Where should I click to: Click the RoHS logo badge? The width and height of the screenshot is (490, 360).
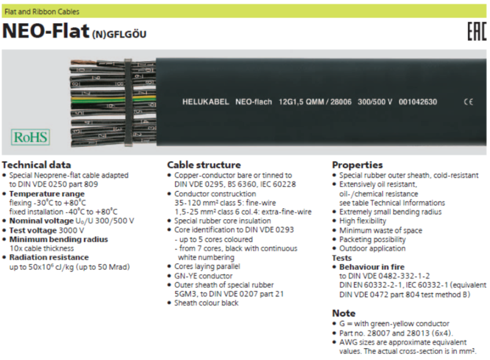point(30,137)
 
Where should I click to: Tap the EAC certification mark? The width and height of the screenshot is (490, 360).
point(477,32)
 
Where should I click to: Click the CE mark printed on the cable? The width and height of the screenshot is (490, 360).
point(469,102)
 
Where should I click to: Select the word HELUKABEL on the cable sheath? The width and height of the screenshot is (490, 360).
point(206,102)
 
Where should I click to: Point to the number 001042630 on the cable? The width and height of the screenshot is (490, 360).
point(418,102)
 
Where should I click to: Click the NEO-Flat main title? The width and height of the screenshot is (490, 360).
point(46,31)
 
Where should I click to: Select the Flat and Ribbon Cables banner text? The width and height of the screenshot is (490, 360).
point(42,12)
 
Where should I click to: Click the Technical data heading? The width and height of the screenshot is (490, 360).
point(37,165)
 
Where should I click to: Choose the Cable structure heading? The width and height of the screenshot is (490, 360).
point(204,165)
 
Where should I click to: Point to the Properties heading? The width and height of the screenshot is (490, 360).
point(357,165)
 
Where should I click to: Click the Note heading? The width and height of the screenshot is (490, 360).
point(344,313)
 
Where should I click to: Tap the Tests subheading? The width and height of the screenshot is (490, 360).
point(342,258)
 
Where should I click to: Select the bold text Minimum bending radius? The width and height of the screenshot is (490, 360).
point(58,239)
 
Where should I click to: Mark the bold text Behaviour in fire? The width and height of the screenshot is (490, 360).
point(372,267)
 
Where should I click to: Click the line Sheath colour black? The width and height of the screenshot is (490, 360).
point(206,303)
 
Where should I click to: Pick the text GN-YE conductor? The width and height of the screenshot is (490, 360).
point(203,276)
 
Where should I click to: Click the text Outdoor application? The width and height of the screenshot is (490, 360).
point(372,249)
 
